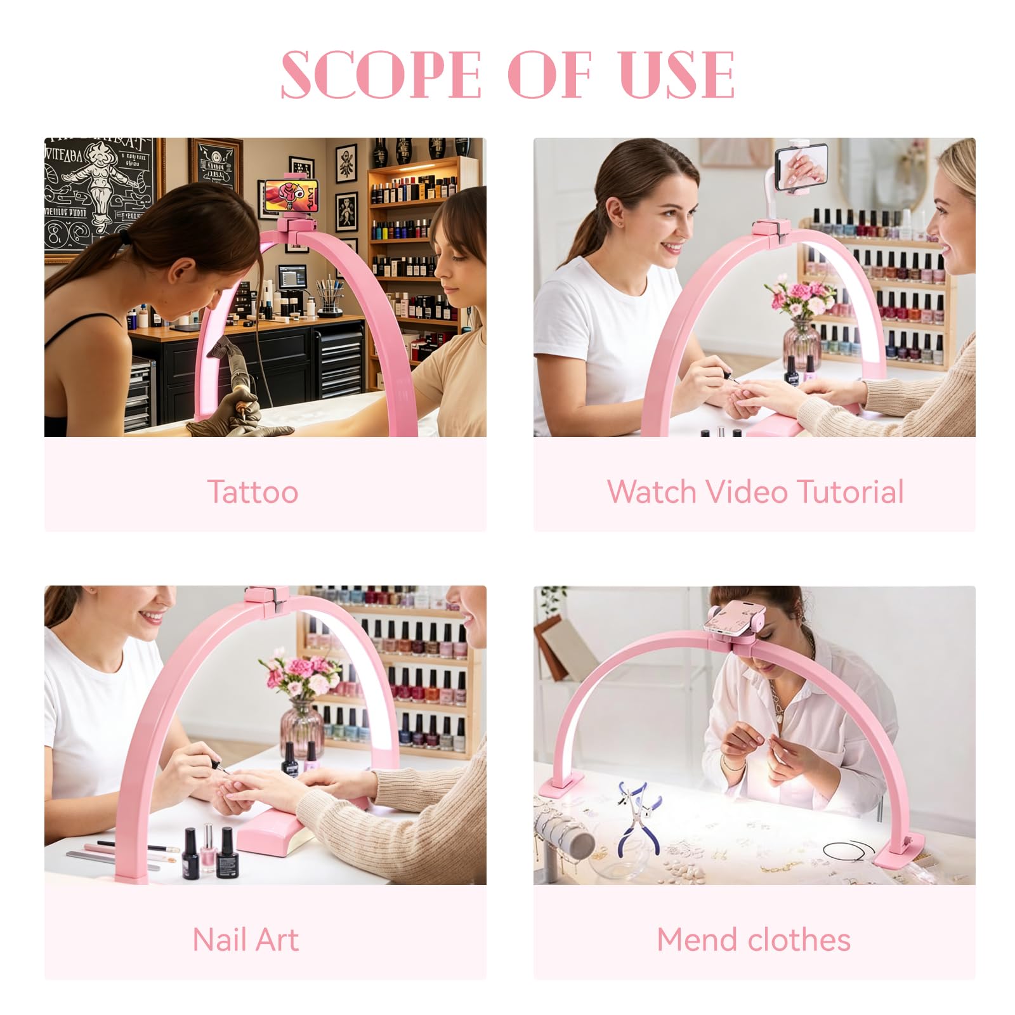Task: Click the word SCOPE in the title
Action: click(x=381, y=75)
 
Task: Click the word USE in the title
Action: click(x=678, y=75)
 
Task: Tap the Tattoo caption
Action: click(x=252, y=492)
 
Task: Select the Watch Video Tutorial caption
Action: click(x=755, y=492)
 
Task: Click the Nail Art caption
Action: click(x=246, y=940)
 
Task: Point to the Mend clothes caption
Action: click(x=754, y=940)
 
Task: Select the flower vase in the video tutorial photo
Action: click(x=801, y=343)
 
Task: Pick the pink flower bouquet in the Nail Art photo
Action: click(x=297, y=676)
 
